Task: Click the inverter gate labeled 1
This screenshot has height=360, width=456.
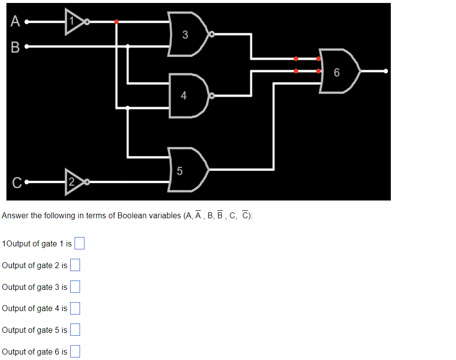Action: (74, 22)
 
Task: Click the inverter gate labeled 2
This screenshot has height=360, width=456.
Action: (74, 182)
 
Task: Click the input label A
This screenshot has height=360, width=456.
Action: (15, 22)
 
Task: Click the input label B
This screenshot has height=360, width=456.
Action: (15, 47)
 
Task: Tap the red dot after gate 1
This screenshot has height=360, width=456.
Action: (116, 22)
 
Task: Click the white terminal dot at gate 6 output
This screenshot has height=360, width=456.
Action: (386, 71)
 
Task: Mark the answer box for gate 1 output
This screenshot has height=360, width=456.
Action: (80, 243)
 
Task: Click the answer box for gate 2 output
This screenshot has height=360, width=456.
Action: (75, 265)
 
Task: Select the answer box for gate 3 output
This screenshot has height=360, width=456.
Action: (75, 287)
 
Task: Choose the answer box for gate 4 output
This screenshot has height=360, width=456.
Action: (75, 308)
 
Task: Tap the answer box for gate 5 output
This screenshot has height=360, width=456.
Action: (75, 330)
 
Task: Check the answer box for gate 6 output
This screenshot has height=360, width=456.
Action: (75, 352)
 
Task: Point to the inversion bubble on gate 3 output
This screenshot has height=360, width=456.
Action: (211, 35)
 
